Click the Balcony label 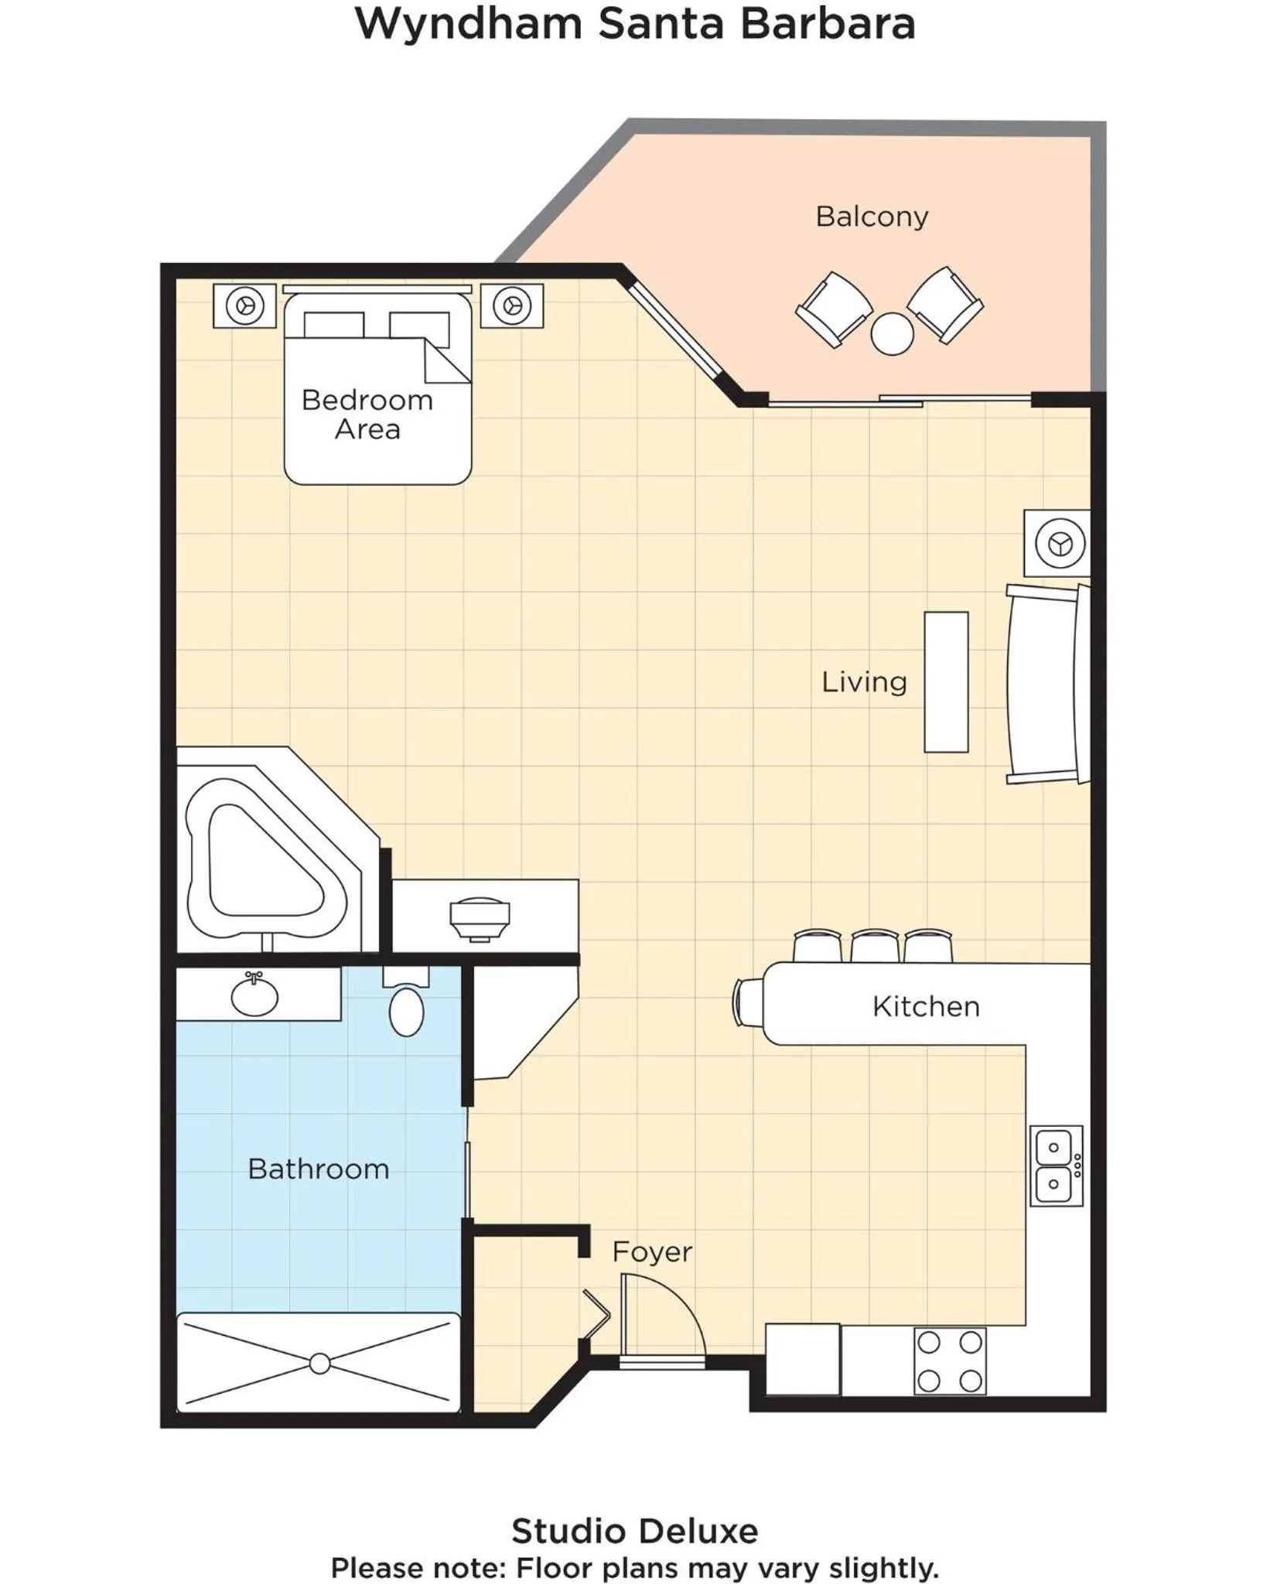point(872,216)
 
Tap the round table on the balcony point(892,333)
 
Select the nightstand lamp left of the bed point(245,306)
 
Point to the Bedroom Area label point(367,414)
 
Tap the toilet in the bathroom point(406,1009)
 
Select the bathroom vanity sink point(254,996)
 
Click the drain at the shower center point(319,1364)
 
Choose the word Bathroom point(318,1168)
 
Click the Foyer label point(651,1251)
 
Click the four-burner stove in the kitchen point(950,1361)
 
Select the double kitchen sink point(1055,1166)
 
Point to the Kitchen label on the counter point(926,1006)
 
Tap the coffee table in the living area point(946,681)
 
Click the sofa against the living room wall point(1044,684)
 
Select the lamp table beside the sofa point(1057,543)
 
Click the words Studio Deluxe point(634,1531)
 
